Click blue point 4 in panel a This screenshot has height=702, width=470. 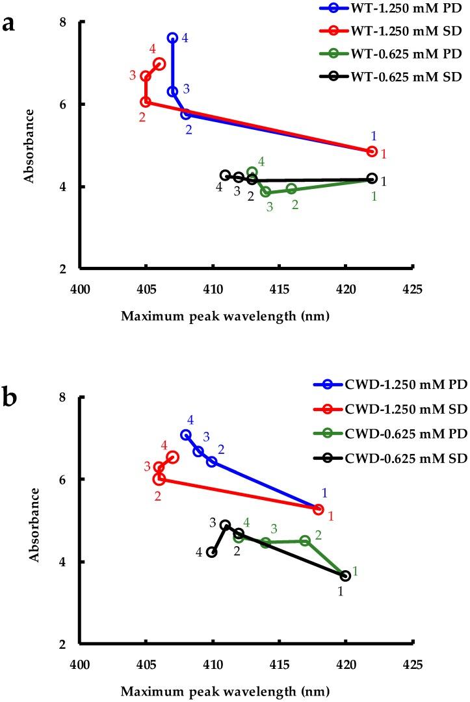[x=172, y=38]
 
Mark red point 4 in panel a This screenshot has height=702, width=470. [x=159, y=64]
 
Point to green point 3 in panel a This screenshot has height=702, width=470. [x=265, y=192]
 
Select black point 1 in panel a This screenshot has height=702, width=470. [x=372, y=179]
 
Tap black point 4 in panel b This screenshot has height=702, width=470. [x=212, y=552]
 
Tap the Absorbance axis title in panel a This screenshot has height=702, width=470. [x=29, y=145]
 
